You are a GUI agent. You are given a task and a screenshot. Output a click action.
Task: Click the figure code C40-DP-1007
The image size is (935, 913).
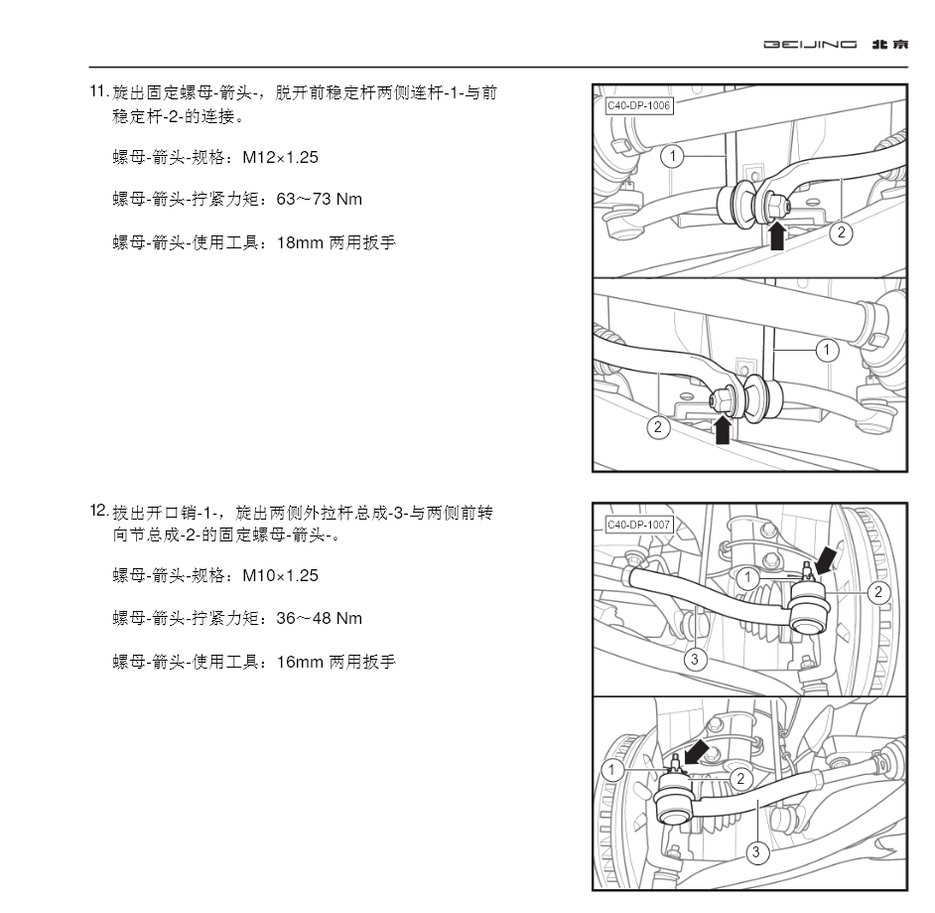point(637,525)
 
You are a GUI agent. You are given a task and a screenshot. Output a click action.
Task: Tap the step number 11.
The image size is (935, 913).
point(98,92)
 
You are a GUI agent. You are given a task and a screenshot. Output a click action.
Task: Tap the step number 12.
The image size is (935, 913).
point(98,511)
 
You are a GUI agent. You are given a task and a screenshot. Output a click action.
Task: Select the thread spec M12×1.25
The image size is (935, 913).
point(273,158)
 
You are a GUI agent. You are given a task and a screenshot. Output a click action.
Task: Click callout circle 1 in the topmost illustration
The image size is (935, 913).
point(672,156)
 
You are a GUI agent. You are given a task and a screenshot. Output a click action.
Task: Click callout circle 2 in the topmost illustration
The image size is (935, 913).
point(841,232)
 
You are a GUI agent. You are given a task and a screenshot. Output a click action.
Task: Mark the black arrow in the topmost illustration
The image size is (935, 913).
point(780,236)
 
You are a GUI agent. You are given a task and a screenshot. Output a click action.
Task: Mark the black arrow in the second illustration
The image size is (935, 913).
point(723,428)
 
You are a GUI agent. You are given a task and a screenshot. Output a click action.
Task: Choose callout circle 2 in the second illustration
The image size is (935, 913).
point(657,428)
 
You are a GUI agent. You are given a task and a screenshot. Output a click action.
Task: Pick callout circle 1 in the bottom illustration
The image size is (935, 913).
point(615,769)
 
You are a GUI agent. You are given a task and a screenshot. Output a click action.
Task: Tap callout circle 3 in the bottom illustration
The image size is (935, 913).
point(756,851)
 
